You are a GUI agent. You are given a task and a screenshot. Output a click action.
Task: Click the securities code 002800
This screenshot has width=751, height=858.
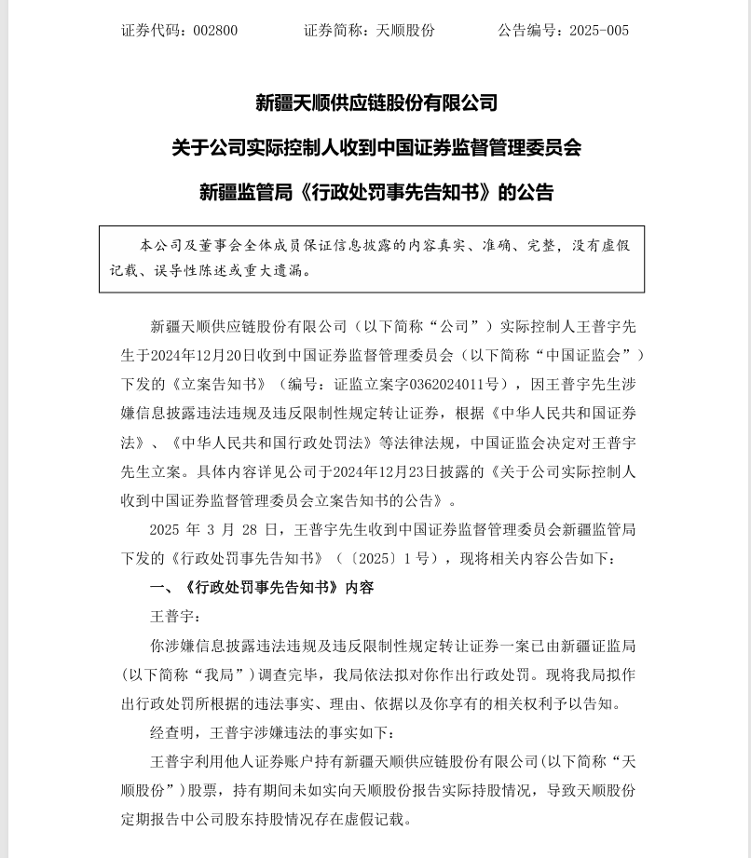pyautogui.click(x=215, y=31)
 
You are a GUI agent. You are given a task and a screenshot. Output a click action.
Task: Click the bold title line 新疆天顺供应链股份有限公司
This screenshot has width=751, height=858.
pyautogui.click(x=375, y=102)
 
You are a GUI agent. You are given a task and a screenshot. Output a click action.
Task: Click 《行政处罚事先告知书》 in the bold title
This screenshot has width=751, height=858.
pyautogui.click(x=396, y=193)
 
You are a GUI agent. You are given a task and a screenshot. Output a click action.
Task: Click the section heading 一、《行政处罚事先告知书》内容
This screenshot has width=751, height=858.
pyautogui.click(x=262, y=588)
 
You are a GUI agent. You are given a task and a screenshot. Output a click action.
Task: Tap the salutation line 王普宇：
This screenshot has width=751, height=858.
pyautogui.click(x=175, y=617)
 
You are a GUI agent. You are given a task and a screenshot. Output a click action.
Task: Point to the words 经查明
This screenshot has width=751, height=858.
pyautogui.click(x=173, y=732)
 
